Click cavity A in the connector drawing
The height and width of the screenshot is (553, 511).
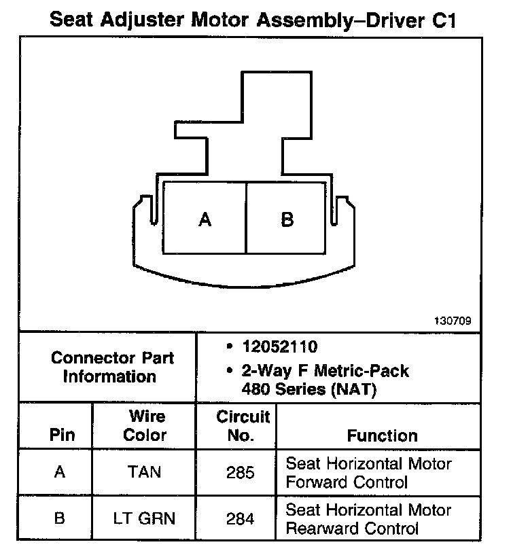tap(205, 219)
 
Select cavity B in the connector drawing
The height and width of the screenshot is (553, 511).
tap(287, 219)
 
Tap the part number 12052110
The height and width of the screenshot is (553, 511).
tap(279, 346)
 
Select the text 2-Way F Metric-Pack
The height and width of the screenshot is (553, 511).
tap(325, 372)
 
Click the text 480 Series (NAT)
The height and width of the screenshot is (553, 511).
tap(309, 390)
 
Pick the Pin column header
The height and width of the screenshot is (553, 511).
tap(62, 435)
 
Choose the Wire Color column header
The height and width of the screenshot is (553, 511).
tap(145, 425)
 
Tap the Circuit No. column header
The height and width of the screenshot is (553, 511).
tap(243, 425)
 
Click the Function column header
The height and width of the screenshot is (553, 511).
tap(383, 435)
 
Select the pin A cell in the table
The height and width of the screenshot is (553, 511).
tap(60, 472)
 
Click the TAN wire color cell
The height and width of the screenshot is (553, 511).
tap(145, 472)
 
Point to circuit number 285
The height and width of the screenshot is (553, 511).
tap(241, 472)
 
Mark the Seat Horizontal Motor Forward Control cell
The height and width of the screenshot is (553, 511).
tap(368, 473)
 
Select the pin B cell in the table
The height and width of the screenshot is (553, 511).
tap(60, 518)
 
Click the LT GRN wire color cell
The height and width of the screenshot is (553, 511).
tap(145, 518)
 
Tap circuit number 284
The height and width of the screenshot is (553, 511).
tap(241, 518)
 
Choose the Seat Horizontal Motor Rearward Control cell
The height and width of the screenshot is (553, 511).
tap(368, 519)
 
